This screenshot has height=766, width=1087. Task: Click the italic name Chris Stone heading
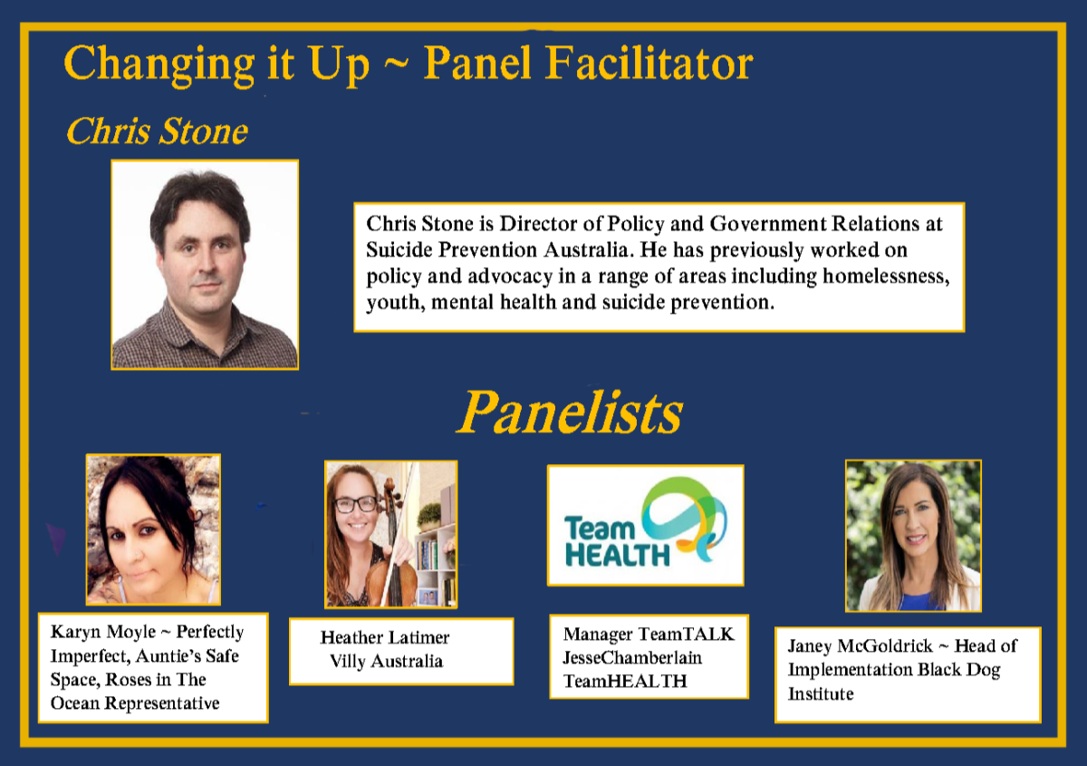pos(157,131)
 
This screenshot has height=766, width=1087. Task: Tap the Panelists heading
pos(570,412)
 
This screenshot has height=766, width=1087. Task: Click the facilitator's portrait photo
pos(205,265)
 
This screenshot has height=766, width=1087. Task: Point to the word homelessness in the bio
pos(886,276)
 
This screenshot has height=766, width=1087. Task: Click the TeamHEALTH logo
pos(645,525)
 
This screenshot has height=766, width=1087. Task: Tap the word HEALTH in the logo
pos(617,555)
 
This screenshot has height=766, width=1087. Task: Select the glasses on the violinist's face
pos(356,504)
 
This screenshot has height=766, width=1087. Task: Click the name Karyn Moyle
pos(103,632)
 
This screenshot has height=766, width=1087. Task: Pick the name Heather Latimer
pos(385,637)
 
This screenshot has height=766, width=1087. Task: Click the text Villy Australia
pos(386,661)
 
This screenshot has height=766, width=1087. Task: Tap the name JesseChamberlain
pos(632,658)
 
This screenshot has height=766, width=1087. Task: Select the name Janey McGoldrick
pos(860,645)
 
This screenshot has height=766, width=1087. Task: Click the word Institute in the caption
pos(821,693)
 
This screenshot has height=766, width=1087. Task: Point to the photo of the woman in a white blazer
pos(913,535)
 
